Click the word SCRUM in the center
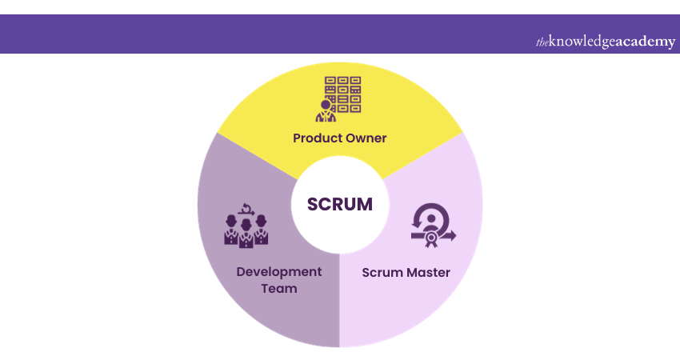point(340,204)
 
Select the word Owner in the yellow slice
point(366,138)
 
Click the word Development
point(278,272)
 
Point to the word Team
point(278,288)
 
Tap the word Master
point(429,273)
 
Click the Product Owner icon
point(341,98)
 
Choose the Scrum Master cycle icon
point(433,225)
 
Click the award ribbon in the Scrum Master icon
point(433,238)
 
